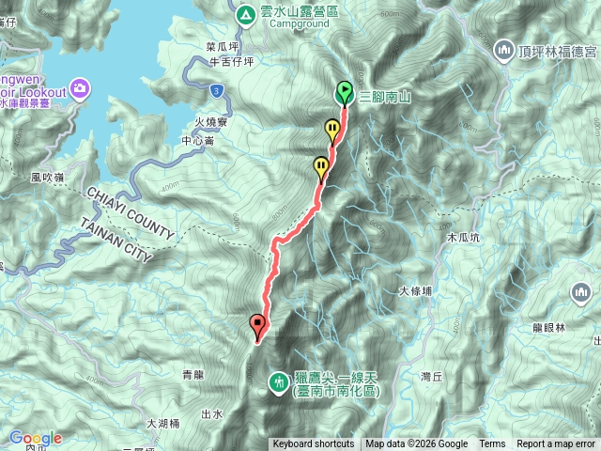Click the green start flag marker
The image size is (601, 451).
(x=344, y=91)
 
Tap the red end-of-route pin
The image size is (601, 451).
(x=258, y=325)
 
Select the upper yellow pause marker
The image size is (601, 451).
(x=332, y=130)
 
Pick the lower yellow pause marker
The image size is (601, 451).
(x=321, y=167)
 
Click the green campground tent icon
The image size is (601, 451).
(x=244, y=14)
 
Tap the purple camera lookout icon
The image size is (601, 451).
(x=80, y=89)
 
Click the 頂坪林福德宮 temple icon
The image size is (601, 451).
(x=503, y=49)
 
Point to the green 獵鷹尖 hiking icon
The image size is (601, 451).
(x=278, y=381)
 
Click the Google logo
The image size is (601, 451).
(x=35, y=438)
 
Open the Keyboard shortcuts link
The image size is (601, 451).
(x=313, y=444)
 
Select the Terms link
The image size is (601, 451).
(x=492, y=444)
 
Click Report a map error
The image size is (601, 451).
(x=557, y=444)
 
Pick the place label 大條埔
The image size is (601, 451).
(x=415, y=291)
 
